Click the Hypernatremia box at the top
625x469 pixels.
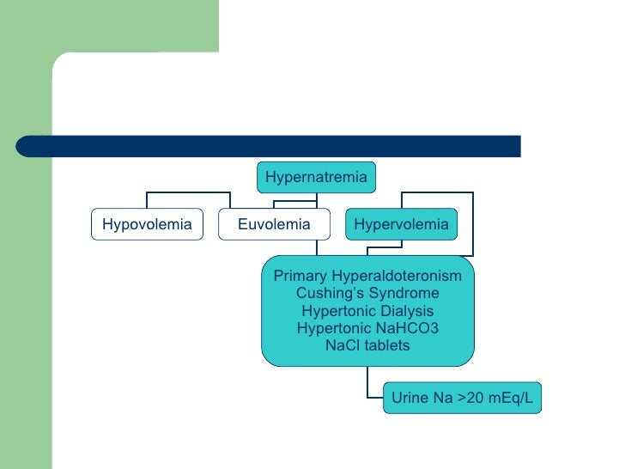[316, 178]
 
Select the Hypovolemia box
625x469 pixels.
[147, 225]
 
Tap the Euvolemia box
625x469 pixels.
[274, 225]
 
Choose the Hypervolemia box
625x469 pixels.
[401, 225]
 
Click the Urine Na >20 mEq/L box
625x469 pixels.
[462, 398]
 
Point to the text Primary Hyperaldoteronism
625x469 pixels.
[367, 277]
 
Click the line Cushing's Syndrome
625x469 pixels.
[367, 294]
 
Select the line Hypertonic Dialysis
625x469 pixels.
[367, 311]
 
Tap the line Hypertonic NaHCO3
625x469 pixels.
[367, 328]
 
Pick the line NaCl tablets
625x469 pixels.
[367, 345]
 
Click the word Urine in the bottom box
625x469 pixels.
[410, 398]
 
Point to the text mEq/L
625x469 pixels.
[512, 398]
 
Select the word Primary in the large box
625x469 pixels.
[300, 277]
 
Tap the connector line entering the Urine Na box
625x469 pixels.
[374, 398]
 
